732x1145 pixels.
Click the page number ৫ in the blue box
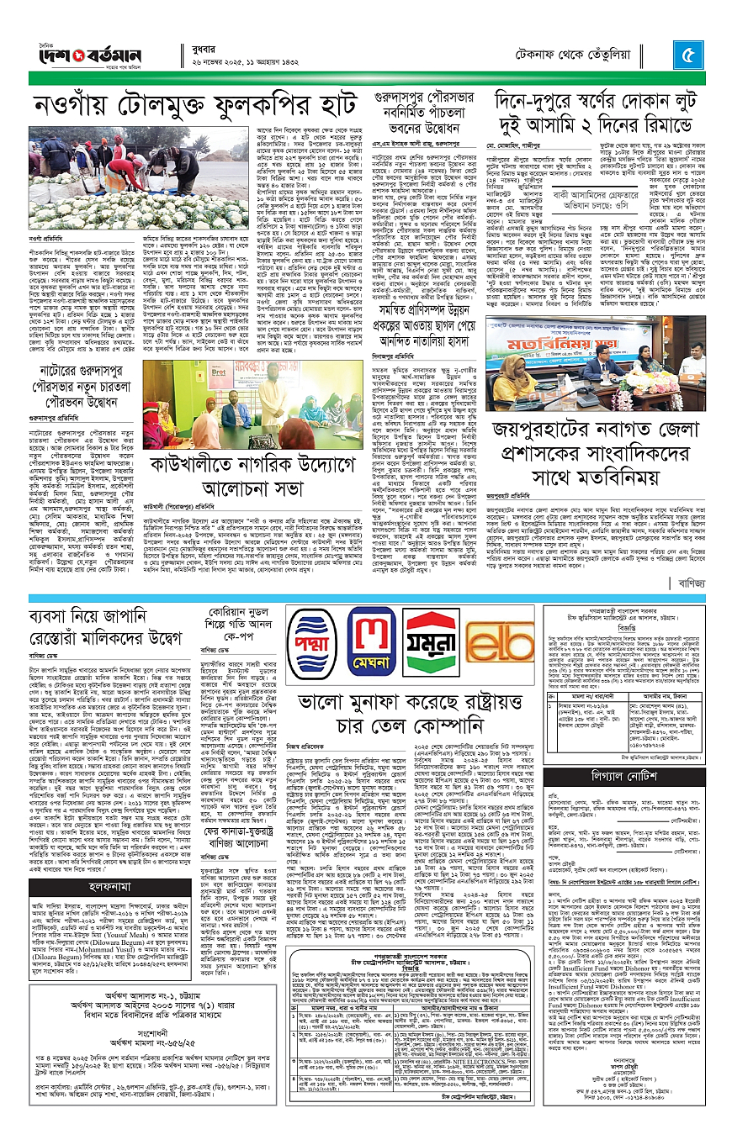click(687, 58)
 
